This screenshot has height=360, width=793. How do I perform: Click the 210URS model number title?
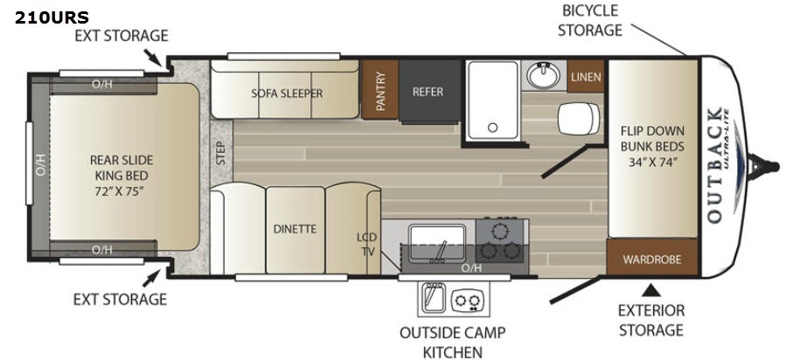point(52,17)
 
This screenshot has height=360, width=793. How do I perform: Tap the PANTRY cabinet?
point(379,90)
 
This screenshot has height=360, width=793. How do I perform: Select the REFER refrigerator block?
point(430,91)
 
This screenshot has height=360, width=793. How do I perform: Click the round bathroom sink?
point(544,76)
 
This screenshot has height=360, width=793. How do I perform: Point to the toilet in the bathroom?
point(579,118)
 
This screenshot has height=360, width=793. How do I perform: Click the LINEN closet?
point(586,76)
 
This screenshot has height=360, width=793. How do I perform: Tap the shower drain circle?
point(492,128)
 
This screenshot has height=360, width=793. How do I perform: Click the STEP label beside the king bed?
point(221,153)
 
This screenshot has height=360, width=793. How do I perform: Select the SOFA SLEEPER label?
point(287,93)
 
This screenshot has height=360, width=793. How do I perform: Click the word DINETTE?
point(295,229)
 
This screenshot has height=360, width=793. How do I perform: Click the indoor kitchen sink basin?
point(437,244)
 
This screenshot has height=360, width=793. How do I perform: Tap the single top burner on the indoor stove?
point(500,232)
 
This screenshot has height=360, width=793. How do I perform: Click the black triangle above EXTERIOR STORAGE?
point(651,291)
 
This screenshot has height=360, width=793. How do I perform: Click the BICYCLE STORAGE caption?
point(589,20)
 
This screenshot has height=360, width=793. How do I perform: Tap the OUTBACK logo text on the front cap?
point(713,165)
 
